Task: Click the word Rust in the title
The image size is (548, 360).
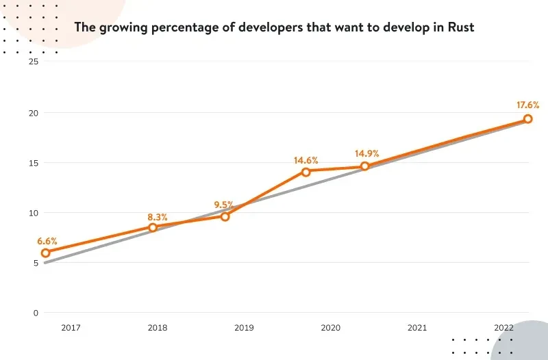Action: pos(459,27)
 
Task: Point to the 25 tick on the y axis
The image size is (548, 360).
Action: pos(33,62)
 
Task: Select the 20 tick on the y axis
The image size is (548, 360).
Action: pos(33,112)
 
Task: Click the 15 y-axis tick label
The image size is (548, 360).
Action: pos(33,163)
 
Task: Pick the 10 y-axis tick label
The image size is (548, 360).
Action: pos(33,213)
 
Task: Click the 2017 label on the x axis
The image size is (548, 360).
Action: pos(71,329)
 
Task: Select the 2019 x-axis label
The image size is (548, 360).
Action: pos(244,329)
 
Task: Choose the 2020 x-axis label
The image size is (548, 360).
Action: pos(330,329)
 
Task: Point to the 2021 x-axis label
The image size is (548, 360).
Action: pos(417,329)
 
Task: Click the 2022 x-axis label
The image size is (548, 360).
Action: pos(503,329)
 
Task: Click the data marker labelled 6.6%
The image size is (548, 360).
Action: pos(46,253)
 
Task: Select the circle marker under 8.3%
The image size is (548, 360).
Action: pos(153,227)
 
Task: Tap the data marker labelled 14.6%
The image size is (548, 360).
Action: pos(306,172)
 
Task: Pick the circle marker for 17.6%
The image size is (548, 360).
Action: pos(528,119)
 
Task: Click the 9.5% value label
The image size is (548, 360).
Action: pos(223,205)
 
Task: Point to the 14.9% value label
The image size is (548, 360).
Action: pos(366,153)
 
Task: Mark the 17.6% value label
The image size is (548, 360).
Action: pos(527,105)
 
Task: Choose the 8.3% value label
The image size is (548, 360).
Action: pos(158,216)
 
